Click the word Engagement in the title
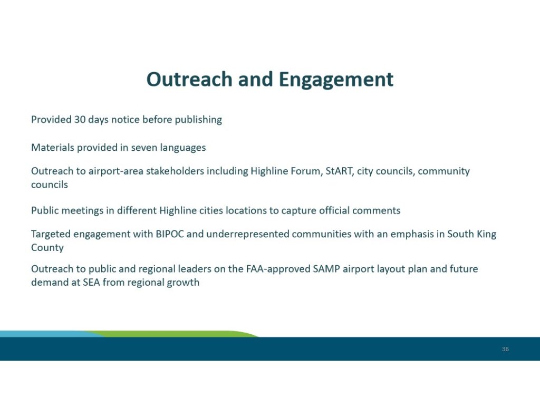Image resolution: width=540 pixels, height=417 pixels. click(x=336, y=80)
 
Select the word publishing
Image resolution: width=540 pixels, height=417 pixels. click(x=198, y=120)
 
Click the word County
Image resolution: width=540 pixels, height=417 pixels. click(x=47, y=248)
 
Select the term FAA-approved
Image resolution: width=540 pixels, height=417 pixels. click(x=278, y=269)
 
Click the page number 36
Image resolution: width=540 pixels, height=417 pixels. click(x=505, y=349)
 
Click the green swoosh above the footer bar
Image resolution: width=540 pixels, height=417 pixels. click(x=172, y=334)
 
